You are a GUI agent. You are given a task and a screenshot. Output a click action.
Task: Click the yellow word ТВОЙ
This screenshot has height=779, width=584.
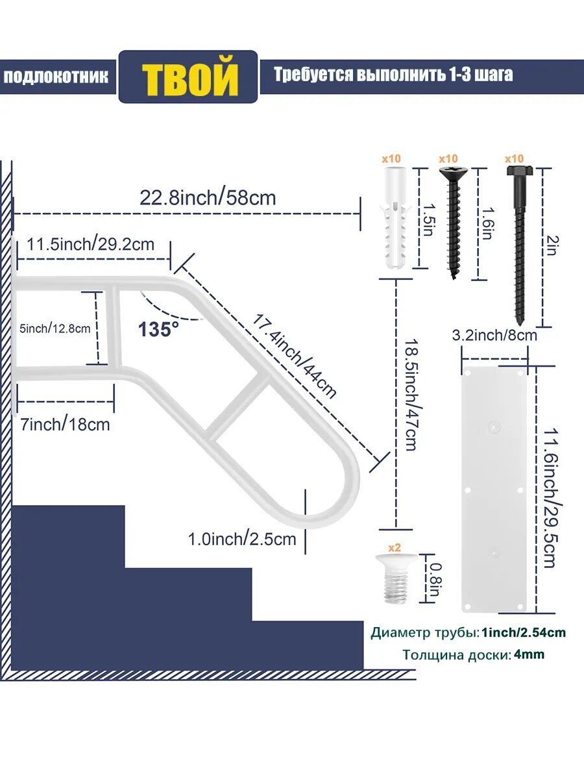click(190, 77)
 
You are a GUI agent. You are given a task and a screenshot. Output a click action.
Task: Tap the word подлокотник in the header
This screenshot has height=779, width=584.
click(56, 77)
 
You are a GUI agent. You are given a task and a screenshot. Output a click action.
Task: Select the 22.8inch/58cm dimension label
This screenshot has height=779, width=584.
click(208, 198)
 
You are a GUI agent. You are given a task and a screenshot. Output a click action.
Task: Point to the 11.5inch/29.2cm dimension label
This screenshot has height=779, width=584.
click(91, 244)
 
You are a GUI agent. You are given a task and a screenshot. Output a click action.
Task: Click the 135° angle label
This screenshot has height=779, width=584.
click(158, 329)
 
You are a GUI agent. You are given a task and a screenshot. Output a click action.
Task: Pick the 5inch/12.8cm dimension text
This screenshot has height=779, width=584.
click(55, 328)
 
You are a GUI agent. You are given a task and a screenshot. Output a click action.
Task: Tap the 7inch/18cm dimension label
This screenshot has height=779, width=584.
click(66, 425)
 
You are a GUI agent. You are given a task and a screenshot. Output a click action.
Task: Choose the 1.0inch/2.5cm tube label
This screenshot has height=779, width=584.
click(242, 539)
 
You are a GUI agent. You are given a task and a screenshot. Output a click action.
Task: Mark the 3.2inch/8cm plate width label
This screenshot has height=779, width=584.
click(494, 335)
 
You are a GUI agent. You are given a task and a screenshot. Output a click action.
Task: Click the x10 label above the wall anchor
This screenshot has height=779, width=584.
click(391, 158)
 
